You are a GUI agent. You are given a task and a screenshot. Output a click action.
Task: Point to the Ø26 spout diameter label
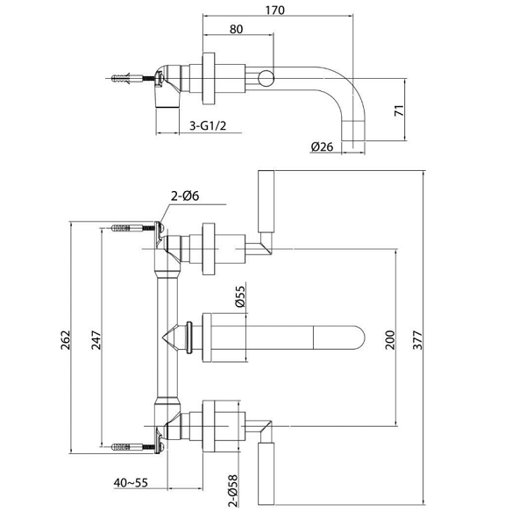(x=323, y=146)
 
